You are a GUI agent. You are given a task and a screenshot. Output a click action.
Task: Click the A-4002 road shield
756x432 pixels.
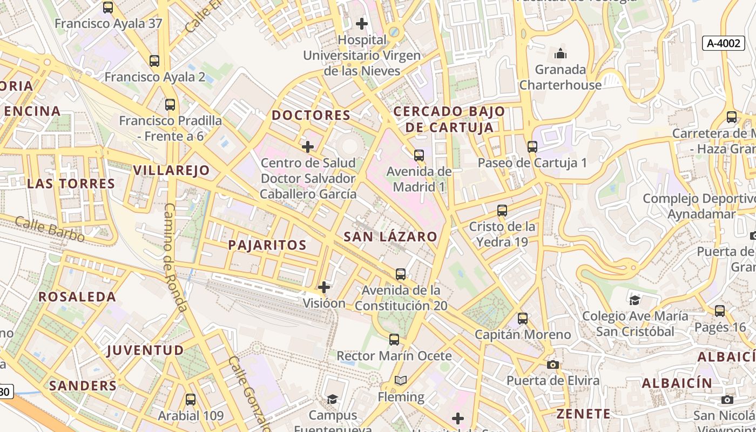pos(724,43)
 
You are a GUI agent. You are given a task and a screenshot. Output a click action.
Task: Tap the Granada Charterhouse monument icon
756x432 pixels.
pos(561,53)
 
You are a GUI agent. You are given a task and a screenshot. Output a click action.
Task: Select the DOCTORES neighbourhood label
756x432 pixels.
pos(311,115)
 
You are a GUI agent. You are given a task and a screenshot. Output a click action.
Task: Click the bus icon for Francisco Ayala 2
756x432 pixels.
pos(154,61)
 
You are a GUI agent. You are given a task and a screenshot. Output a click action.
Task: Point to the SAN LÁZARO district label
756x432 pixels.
pos(390,237)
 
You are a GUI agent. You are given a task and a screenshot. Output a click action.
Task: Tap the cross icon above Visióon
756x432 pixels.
pos(324,287)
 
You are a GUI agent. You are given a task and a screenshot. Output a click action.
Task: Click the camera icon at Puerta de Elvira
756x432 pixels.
pos(552,364)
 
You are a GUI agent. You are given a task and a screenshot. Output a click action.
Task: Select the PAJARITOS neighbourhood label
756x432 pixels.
pos(267,245)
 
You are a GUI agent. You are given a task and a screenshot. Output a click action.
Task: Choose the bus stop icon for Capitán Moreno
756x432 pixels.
pos(522,319)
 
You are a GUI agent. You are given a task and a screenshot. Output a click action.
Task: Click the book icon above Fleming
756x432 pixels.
pos(400,381)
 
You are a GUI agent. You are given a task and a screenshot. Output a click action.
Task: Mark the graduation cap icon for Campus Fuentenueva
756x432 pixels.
pos(332,399)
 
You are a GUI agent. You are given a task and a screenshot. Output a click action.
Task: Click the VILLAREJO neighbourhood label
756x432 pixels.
pos(171,170)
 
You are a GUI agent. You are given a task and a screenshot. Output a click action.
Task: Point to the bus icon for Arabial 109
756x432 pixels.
pos(190,400)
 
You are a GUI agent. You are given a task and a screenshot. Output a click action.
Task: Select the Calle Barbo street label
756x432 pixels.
pos(50,229)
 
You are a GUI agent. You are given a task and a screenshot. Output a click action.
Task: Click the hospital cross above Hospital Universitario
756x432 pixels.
pos(362,24)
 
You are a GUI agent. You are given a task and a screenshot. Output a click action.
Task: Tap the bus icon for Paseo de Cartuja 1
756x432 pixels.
pos(532,146)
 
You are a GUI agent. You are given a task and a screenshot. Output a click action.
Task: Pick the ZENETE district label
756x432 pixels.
pos(583,414)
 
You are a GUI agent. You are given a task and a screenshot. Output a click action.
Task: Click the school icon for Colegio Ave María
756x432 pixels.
pos(634,300)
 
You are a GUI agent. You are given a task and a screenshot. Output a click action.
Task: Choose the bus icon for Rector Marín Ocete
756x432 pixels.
pos(394,340)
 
